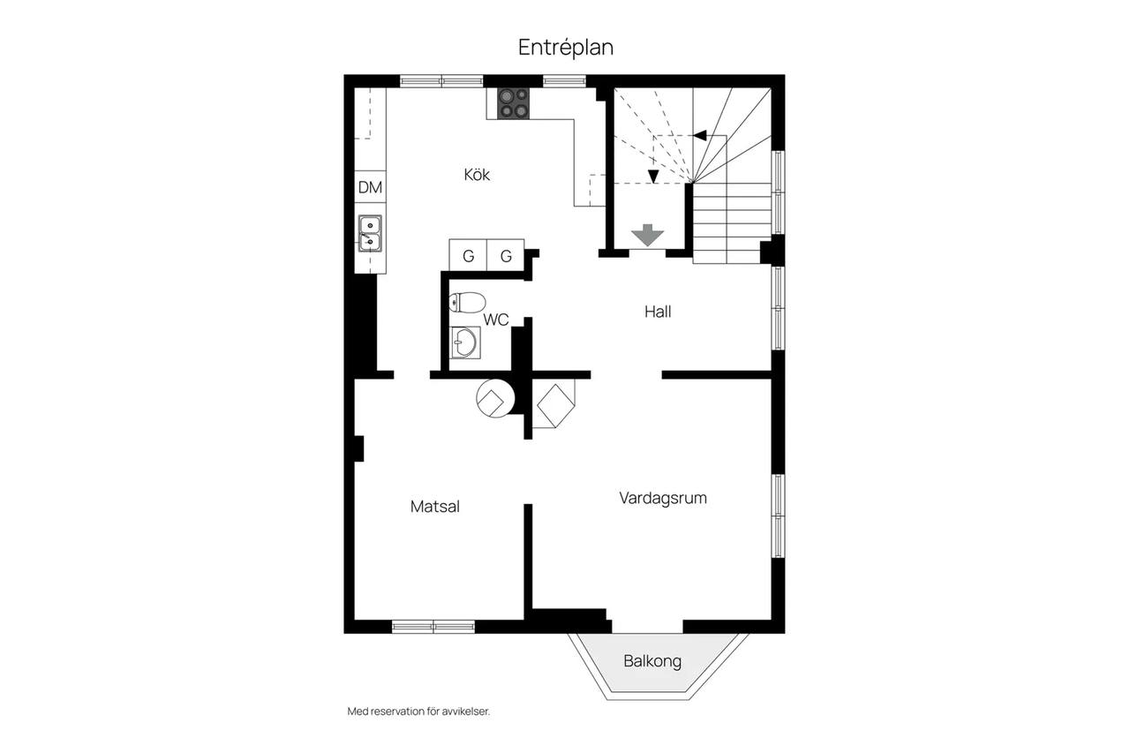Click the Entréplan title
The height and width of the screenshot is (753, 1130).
(x=566, y=48)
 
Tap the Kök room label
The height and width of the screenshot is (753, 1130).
(x=477, y=175)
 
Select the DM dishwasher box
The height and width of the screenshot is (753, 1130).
(x=370, y=187)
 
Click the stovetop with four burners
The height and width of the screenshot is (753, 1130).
(x=514, y=103)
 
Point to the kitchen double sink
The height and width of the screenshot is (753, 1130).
(x=370, y=234)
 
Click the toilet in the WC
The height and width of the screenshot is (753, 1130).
(x=467, y=303)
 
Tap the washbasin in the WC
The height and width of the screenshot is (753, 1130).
(x=464, y=343)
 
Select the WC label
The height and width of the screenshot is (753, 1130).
(x=496, y=320)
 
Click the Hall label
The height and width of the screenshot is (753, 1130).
(x=658, y=312)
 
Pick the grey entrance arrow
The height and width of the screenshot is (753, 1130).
(x=648, y=235)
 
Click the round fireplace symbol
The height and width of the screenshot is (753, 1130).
(x=495, y=398)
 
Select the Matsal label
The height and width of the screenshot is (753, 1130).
(x=435, y=507)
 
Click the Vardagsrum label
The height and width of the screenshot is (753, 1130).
(x=663, y=498)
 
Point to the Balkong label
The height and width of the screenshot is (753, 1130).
(x=652, y=661)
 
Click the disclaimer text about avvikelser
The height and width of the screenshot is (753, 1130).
(x=418, y=712)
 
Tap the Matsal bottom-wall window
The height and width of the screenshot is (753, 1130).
(x=433, y=627)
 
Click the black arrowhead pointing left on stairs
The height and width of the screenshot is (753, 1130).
(x=699, y=135)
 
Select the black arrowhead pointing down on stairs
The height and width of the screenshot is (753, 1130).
(x=653, y=177)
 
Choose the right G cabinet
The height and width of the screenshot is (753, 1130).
(x=506, y=255)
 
